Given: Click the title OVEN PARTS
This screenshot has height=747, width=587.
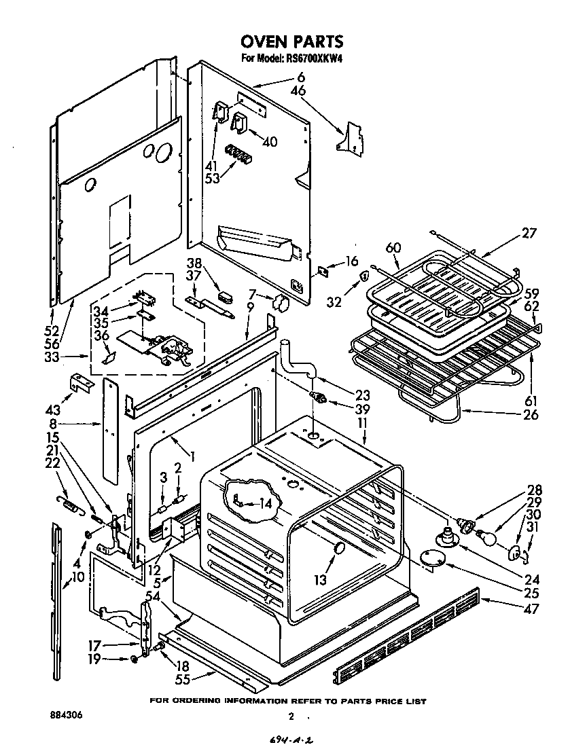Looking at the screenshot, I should pyautogui.click(x=292, y=42).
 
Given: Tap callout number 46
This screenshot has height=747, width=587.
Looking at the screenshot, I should pyautogui.click(x=298, y=90).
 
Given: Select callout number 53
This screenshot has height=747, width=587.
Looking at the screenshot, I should pyautogui.click(x=214, y=179).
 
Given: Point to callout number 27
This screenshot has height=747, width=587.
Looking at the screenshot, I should pyautogui.click(x=529, y=233).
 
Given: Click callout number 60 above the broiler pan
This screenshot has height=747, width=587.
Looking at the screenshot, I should pyautogui.click(x=393, y=247).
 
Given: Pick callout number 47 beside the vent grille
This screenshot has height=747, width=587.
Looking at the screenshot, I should pyautogui.click(x=531, y=609).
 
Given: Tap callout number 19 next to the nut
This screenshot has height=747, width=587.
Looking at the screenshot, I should pyautogui.click(x=95, y=659).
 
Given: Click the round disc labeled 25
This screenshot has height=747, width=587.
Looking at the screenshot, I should pyautogui.click(x=432, y=558).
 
